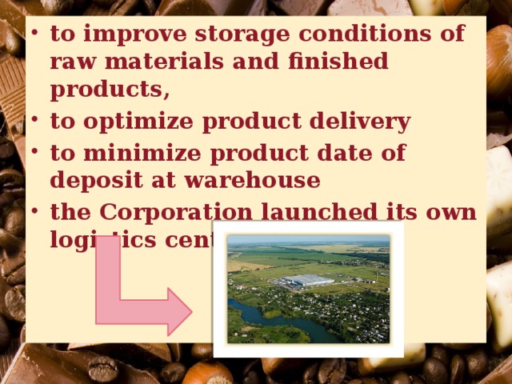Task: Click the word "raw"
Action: point(72,62)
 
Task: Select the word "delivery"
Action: point(362,122)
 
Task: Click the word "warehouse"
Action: point(252,181)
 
